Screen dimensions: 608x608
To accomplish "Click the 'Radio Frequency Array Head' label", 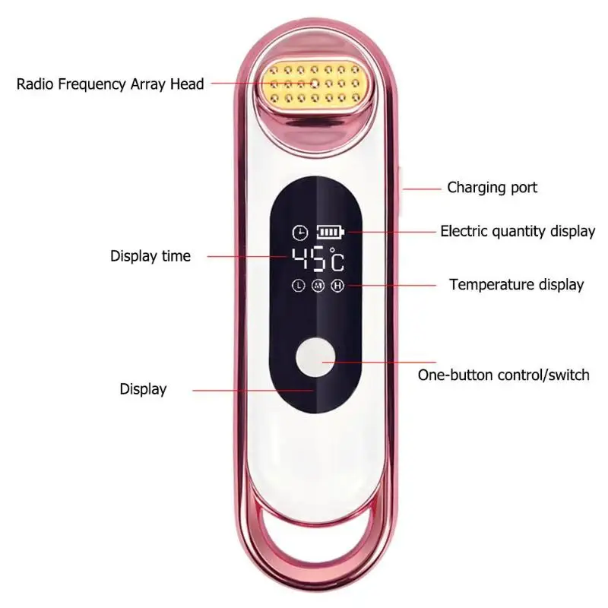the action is tap(110, 84).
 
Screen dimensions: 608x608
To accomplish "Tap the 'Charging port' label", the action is tap(492, 187).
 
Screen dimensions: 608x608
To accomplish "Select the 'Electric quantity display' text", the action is tap(518, 231).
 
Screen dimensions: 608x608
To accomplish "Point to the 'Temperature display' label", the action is tap(517, 284).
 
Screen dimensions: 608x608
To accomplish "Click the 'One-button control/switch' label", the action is tap(503, 375).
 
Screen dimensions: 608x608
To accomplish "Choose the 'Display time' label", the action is tap(150, 256).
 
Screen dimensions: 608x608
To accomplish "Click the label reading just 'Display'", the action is tap(143, 389).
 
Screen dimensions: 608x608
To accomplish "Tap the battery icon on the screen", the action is tap(331, 232).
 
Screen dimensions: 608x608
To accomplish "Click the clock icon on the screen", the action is tap(300, 233).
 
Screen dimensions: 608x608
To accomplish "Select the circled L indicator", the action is tap(298, 286).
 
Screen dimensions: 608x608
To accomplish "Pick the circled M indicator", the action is tap(318, 286).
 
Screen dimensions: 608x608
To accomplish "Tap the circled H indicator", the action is tap(337, 286).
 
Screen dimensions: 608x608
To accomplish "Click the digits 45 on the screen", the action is tap(309, 258).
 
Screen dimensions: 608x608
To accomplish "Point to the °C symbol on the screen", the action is tap(337, 259).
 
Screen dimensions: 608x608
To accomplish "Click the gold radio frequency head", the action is tap(313, 84).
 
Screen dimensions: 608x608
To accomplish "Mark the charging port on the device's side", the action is tap(401, 190).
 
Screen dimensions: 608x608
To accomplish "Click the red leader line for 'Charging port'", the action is tap(422, 188).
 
